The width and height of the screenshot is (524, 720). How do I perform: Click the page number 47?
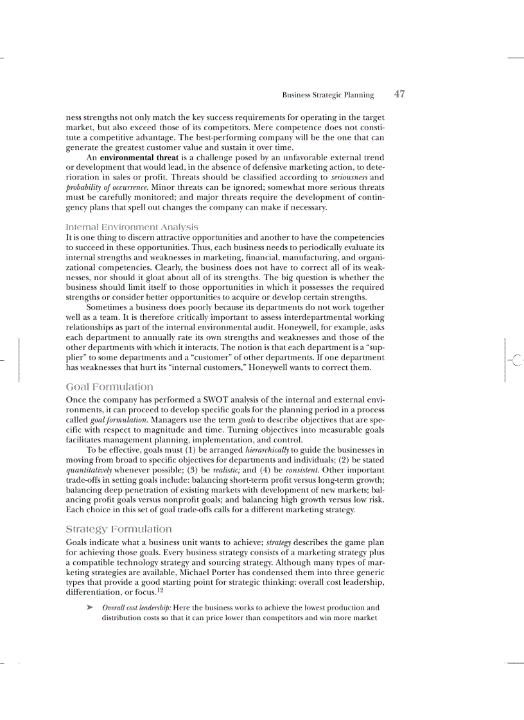[399, 94]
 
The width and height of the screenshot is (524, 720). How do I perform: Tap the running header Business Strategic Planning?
[327, 95]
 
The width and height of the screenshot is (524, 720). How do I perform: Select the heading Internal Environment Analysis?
[132, 227]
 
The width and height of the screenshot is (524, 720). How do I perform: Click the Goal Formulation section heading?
[109, 387]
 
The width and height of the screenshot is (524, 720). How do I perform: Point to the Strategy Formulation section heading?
[119, 529]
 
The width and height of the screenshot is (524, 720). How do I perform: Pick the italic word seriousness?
[349, 177]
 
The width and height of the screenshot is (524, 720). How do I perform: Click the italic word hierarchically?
[273, 450]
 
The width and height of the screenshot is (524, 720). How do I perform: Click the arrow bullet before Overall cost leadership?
[90, 608]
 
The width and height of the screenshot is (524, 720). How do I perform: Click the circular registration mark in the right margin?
[518, 362]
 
